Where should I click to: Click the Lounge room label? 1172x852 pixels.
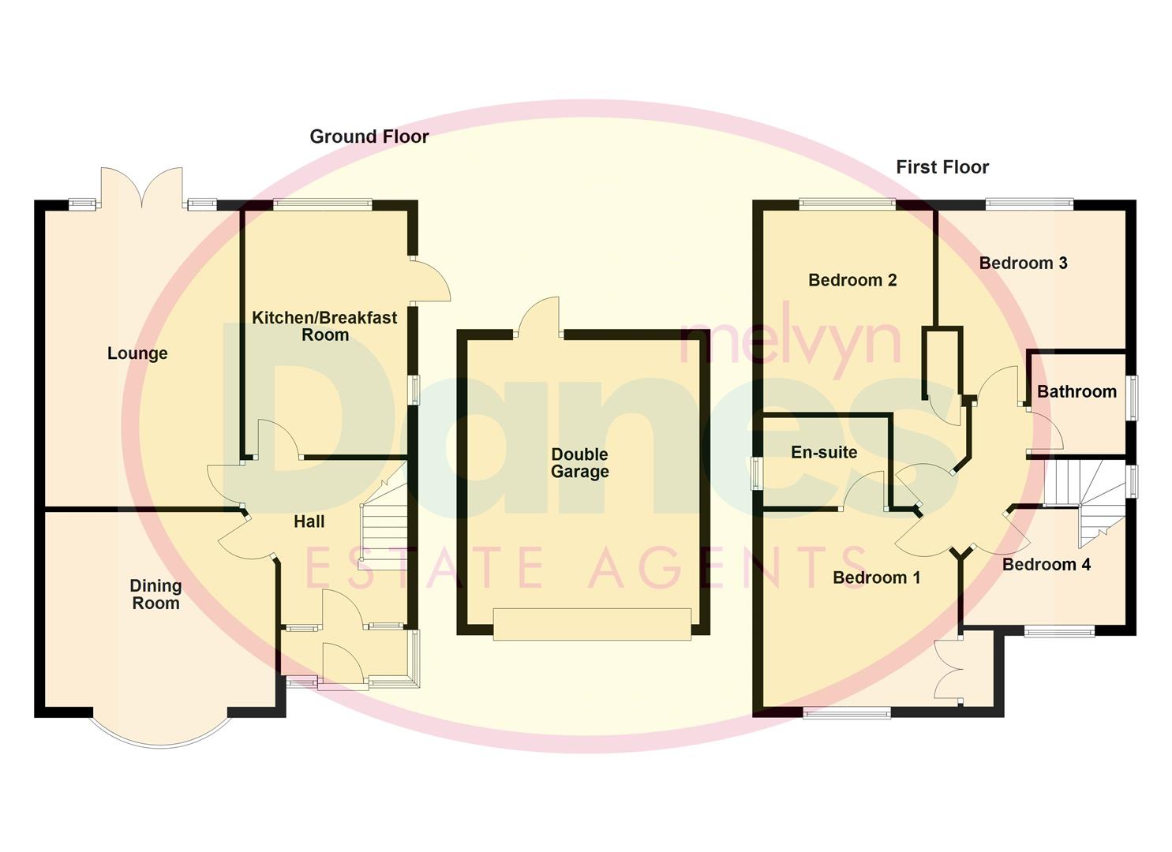pos(137,353)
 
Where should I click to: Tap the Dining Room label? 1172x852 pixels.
pos(155,595)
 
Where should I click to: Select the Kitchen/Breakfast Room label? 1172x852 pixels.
pos(324,326)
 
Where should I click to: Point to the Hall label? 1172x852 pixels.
pos(309,521)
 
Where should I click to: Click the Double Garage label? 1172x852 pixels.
pos(579,463)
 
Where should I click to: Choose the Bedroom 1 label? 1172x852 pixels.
pos(876,577)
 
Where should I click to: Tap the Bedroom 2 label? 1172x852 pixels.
pos(852,280)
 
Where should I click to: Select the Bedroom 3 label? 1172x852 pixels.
pos(1023,263)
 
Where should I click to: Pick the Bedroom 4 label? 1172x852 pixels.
pos(1047,564)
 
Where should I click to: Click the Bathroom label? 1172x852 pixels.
pos(1077,391)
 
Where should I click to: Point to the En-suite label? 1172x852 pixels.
pos(824,453)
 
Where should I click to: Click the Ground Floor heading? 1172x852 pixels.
pos(369,136)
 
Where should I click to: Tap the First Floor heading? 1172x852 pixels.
pos(942,167)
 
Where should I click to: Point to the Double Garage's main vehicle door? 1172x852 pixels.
pos(592,624)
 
